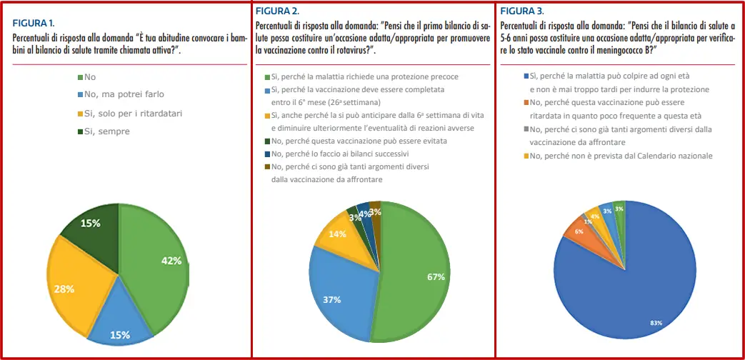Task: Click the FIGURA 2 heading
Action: coord(278,11)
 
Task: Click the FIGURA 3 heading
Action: coord(521,11)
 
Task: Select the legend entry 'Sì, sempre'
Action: coord(106,131)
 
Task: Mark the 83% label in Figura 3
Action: coord(656,324)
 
